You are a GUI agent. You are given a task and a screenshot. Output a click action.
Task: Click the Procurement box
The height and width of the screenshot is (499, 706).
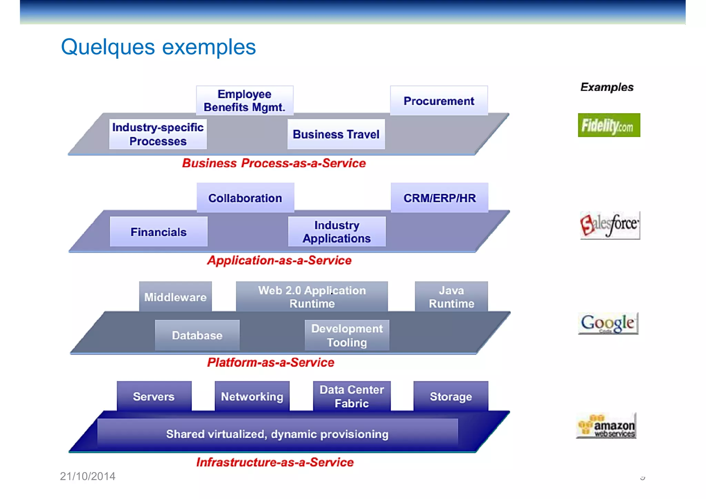tap(439, 101)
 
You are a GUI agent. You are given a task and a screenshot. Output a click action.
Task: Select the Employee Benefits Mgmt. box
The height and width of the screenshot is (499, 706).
tap(244, 100)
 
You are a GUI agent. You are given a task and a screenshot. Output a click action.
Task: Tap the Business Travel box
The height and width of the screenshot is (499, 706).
tap(336, 134)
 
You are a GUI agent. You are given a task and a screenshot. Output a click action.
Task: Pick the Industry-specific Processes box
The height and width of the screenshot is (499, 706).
tap(158, 134)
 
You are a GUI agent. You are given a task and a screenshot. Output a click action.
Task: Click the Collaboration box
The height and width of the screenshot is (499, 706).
tap(245, 198)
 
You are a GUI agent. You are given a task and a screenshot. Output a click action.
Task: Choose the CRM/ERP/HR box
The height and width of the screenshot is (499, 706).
tap(440, 198)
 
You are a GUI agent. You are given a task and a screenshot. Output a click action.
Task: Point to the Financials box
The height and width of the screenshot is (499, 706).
tap(159, 232)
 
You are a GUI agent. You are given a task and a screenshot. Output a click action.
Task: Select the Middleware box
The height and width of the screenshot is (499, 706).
tap(175, 297)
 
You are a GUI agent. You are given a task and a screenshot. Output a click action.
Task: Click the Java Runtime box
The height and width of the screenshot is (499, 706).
tap(451, 297)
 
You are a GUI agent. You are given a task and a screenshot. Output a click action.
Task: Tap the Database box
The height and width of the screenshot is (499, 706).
tap(197, 335)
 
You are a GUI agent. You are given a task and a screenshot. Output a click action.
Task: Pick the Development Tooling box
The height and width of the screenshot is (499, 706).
tap(347, 335)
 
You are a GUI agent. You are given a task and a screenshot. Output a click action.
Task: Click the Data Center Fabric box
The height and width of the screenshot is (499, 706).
tap(352, 396)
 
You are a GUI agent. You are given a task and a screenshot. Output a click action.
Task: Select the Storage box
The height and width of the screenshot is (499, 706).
tap(451, 396)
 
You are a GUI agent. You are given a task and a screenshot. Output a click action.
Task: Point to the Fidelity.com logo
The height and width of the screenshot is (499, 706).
tap(609, 125)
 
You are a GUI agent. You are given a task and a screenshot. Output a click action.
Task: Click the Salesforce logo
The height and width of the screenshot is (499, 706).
tap(609, 225)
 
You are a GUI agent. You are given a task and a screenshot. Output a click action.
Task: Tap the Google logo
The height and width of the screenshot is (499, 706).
tap(608, 323)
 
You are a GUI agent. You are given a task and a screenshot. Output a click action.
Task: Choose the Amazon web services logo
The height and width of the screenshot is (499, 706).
tap(607, 426)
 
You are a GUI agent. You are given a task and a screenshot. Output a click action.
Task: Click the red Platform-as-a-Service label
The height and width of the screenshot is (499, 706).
tap(271, 362)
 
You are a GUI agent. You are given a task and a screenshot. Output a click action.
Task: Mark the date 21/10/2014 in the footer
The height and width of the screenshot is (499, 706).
tap(88, 476)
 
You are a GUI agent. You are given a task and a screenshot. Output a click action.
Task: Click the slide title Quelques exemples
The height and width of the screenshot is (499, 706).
tap(158, 47)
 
